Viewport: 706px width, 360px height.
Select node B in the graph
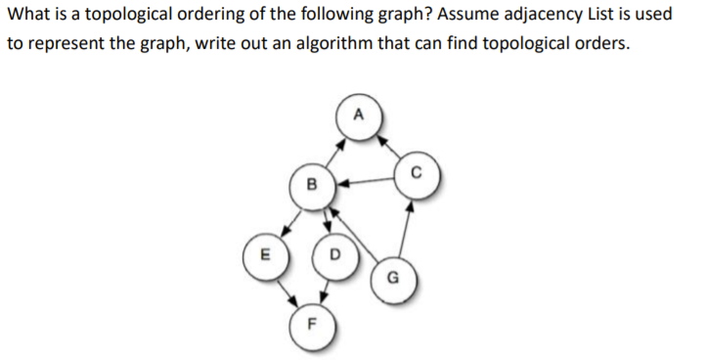(x=312, y=183)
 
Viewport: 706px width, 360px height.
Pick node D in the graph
(x=334, y=256)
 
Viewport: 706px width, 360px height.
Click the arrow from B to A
(x=333, y=150)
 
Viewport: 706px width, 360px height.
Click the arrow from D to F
(x=324, y=293)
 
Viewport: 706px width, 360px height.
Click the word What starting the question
(x=26, y=18)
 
